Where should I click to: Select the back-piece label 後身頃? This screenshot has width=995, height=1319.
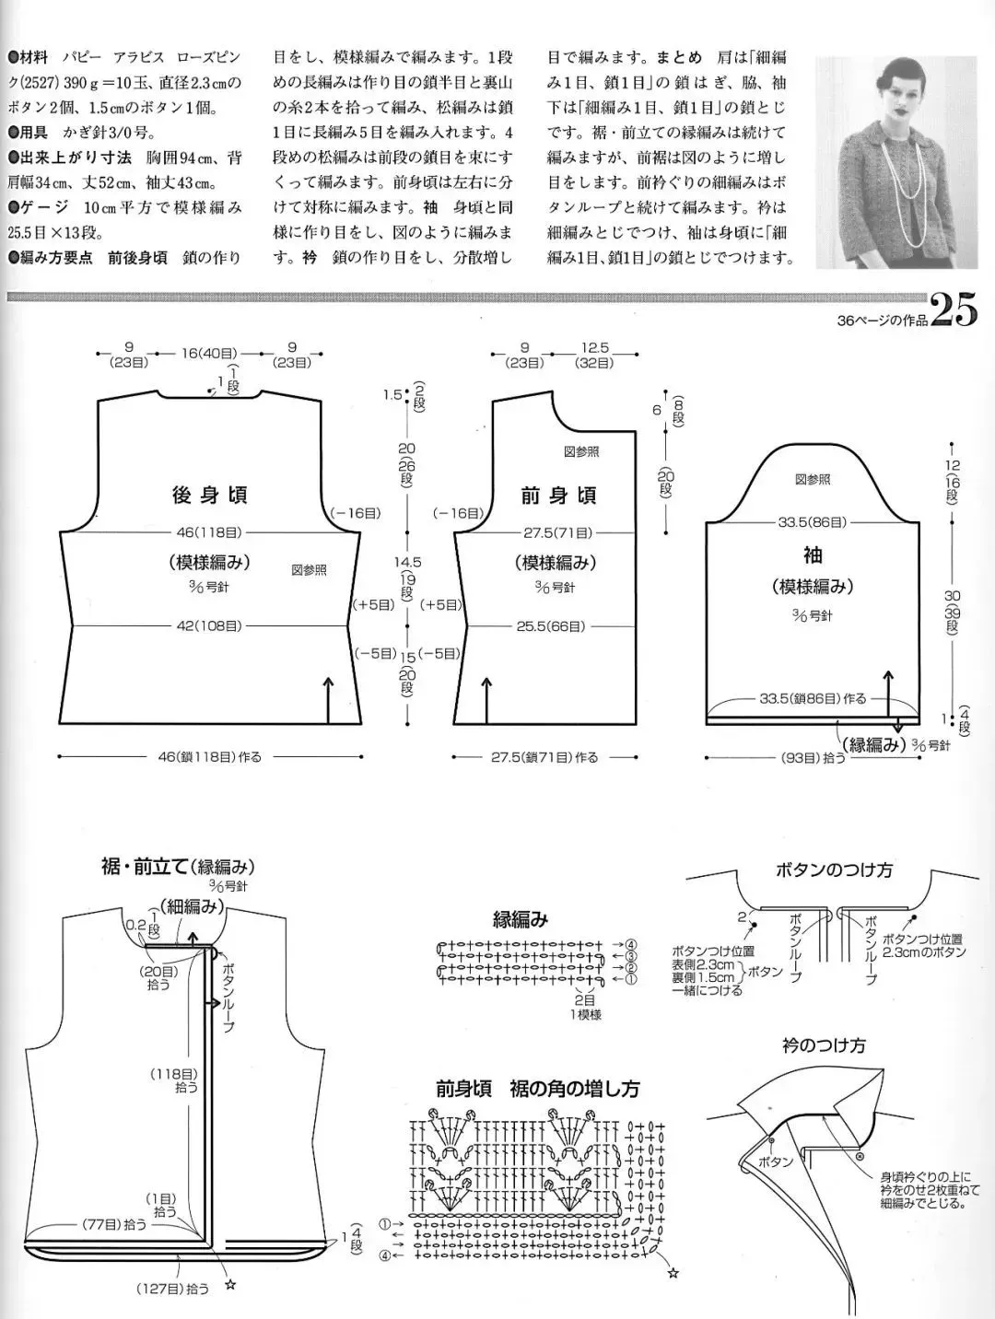[x=209, y=496]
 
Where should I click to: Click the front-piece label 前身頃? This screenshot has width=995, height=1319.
[x=558, y=496]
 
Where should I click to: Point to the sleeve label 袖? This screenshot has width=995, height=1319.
[x=812, y=554]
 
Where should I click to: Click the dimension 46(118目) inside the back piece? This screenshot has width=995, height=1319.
[x=209, y=531]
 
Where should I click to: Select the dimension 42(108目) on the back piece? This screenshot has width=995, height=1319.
[x=209, y=626]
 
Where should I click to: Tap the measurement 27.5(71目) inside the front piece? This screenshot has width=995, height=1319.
[x=558, y=531]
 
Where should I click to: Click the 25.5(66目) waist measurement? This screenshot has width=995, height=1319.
[x=551, y=626]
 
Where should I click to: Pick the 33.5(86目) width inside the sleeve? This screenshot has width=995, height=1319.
[x=812, y=522]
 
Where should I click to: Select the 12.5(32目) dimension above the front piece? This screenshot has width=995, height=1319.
[x=595, y=355]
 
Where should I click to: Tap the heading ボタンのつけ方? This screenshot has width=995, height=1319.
[x=834, y=870]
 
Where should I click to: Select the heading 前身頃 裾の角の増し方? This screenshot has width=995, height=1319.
[x=538, y=1089]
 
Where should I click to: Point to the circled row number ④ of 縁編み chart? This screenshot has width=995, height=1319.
[x=632, y=944]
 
